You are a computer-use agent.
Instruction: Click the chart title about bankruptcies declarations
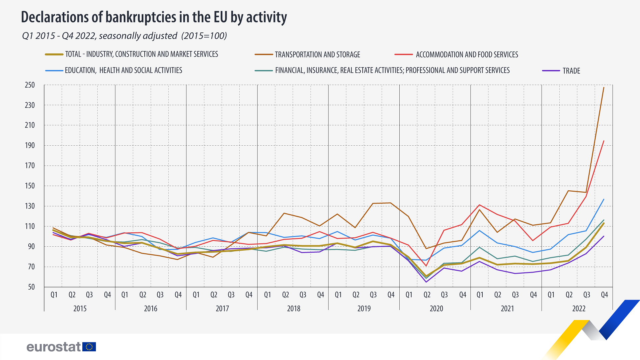154,17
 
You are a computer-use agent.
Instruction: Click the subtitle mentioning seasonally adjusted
124,36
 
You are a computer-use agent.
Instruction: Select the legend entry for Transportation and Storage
317,54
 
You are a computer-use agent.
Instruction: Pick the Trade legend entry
571,71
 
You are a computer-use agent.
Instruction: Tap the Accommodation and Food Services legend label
467,54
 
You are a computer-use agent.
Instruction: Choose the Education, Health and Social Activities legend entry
123,70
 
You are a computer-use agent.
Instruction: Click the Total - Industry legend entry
141,54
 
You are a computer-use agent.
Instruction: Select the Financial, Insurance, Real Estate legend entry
392,70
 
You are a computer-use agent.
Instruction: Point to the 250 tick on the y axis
30,85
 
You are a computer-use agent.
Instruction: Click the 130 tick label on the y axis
30,206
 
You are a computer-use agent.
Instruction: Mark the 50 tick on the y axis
31,287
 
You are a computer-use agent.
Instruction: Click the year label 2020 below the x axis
436,308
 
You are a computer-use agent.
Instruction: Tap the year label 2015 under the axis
80,308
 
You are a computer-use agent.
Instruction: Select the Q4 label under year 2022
604,295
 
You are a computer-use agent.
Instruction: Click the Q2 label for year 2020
427,295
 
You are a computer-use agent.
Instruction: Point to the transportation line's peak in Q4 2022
604,87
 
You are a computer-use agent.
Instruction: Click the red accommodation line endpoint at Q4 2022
604,141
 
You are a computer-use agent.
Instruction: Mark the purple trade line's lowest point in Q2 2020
426,282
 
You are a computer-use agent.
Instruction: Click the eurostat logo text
53,347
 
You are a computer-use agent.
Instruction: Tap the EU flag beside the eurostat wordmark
89,347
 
